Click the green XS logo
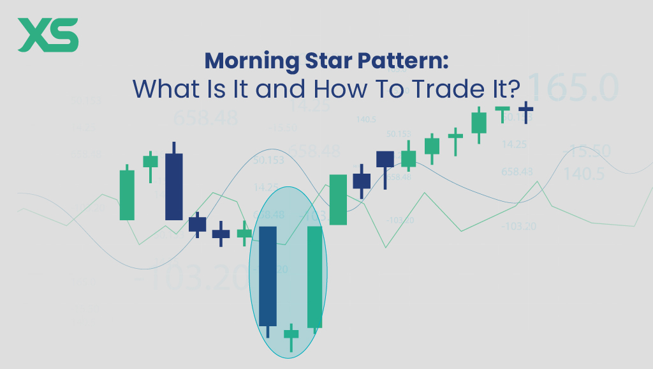tap(48, 35)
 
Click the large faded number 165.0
tap(572, 87)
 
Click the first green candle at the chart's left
tap(127, 194)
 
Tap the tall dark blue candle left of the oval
tap(173, 186)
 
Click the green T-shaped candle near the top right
tap(503, 112)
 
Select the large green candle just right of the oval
tap(338, 199)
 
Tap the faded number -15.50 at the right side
tap(586, 152)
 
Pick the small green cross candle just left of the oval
tap(244, 234)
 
